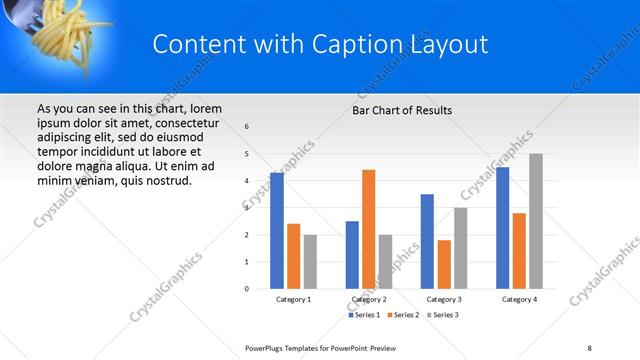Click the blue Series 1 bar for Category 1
[x=276, y=231]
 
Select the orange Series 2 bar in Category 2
[x=368, y=229]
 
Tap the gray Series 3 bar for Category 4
[x=536, y=221]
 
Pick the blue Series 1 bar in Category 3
[x=427, y=241]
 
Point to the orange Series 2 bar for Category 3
[x=444, y=264]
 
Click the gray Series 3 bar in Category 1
[x=310, y=261]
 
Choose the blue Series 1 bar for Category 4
[x=502, y=228]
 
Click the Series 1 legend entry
[x=365, y=315]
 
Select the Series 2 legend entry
[x=403, y=315]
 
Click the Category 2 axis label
[x=369, y=299]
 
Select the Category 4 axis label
[x=519, y=299]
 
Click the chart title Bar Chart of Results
[x=402, y=110]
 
